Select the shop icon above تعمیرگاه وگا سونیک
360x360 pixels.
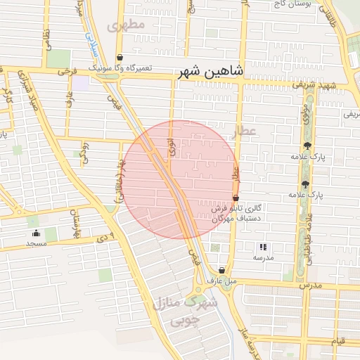point(120,58)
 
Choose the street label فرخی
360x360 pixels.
point(67,71)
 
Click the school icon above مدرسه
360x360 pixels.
point(263,247)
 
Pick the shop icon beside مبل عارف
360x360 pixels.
point(221,270)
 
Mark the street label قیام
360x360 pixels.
point(337,341)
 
